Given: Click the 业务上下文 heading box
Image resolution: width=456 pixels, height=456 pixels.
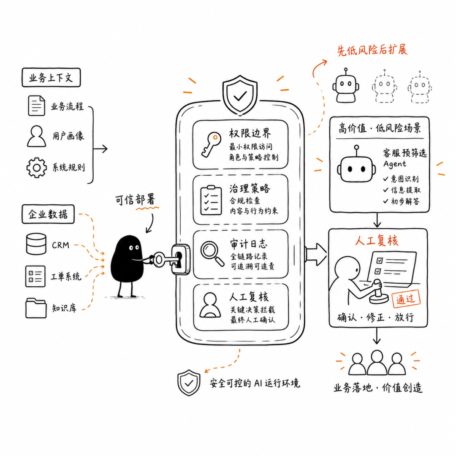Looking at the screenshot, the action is (x=51, y=77).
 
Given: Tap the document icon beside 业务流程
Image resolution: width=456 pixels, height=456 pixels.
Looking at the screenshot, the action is (x=36, y=106).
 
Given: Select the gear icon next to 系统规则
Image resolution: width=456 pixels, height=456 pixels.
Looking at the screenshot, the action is (x=36, y=168).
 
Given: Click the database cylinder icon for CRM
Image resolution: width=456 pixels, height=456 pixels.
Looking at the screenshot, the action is (x=36, y=244).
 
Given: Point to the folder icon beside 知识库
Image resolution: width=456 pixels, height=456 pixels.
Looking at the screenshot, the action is (x=36, y=308).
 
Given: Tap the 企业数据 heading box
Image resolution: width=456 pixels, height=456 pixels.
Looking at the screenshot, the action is (x=48, y=214).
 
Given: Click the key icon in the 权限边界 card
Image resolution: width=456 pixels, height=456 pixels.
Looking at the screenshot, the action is (x=211, y=145).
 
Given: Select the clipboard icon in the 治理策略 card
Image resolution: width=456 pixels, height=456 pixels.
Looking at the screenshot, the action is (x=211, y=201).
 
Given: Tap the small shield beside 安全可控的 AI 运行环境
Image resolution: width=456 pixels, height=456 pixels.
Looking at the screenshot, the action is (x=189, y=383).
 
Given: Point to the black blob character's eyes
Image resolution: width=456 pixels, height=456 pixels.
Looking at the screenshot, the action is (x=134, y=248).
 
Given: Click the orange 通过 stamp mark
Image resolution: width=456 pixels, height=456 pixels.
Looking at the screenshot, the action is (x=406, y=299).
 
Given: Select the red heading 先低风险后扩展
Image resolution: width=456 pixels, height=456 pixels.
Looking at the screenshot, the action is (x=372, y=50).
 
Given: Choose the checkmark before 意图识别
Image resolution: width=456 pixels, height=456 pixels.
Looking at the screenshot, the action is (x=385, y=179).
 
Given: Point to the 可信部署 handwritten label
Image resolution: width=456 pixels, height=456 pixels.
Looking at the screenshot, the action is (x=135, y=200).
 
